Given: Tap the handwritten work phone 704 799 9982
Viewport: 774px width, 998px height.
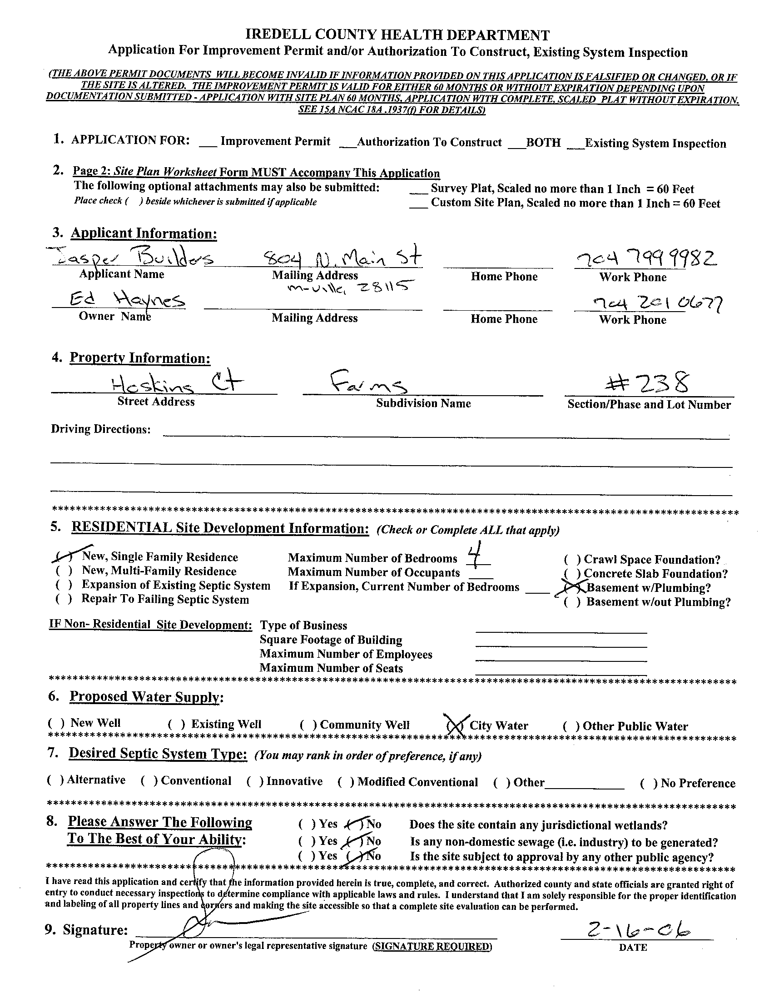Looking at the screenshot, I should click(645, 259).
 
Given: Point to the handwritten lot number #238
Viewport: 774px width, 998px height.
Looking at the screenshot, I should click(647, 383).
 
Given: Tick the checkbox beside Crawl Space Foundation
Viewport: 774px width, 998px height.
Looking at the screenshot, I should click(572, 560).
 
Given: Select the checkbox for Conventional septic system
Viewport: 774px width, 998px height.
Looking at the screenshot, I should click(149, 781).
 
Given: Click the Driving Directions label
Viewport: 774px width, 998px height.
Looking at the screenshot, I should click(100, 429).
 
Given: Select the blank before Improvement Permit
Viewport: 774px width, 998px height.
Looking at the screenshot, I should click(208, 143).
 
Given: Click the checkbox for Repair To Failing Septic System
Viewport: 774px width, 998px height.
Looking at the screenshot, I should click(64, 600).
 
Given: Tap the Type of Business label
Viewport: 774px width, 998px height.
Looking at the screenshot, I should click(303, 626).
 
